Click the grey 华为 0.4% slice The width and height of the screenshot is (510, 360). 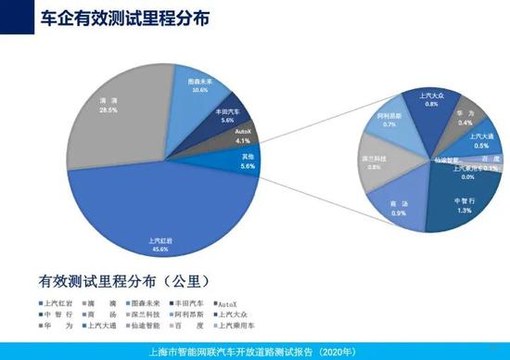(463, 115)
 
